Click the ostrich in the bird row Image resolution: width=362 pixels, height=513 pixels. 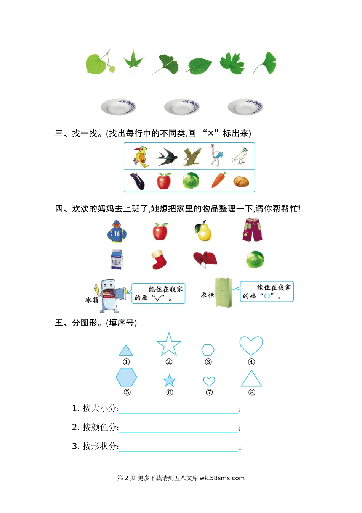point(216,155)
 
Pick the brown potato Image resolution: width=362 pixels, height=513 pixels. point(241,181)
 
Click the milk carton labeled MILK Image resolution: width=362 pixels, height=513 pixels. point(117,260)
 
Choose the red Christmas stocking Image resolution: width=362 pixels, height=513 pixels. point(159,260)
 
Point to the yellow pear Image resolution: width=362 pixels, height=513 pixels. point(204,231)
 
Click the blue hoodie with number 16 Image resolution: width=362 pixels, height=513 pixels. point(117,231)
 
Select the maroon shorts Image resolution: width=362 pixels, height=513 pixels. point(252,230)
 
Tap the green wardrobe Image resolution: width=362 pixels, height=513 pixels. point(223,293)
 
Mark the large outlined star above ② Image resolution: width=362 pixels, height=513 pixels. point(169,344)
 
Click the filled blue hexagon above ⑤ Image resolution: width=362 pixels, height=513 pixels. point(126,377)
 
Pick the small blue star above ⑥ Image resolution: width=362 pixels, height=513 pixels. point(170,381)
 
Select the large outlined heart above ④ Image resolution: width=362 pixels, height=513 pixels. point(251,345)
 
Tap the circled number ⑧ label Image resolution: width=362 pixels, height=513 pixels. point(252,392)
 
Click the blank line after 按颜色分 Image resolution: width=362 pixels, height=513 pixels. point(178,428)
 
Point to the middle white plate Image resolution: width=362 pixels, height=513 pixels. point(182,107)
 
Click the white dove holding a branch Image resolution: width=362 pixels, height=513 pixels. point(240,156)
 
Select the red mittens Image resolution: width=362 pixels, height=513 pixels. point(205,259)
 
